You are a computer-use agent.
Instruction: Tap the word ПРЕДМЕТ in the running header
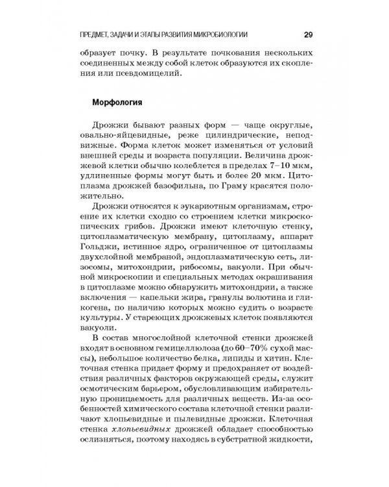[96, 34]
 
